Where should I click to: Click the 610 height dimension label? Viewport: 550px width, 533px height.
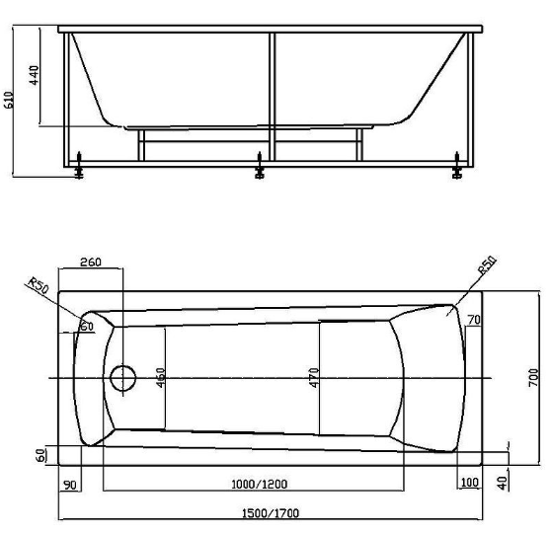[9, 100]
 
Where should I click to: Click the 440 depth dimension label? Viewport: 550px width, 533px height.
[35, 75]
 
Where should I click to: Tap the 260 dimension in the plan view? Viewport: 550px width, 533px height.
[91, 262]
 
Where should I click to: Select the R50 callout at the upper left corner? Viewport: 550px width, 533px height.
[39, 286]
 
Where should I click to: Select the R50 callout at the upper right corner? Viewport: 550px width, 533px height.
[488, 265]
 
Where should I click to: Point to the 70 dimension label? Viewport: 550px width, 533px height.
[474, 320]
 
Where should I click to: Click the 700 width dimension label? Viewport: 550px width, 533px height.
[533, 377]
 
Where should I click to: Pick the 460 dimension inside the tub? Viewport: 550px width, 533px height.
[160, 377]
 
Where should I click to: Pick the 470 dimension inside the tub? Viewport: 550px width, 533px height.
[314, 377]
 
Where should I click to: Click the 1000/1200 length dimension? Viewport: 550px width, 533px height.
[260, 484]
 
